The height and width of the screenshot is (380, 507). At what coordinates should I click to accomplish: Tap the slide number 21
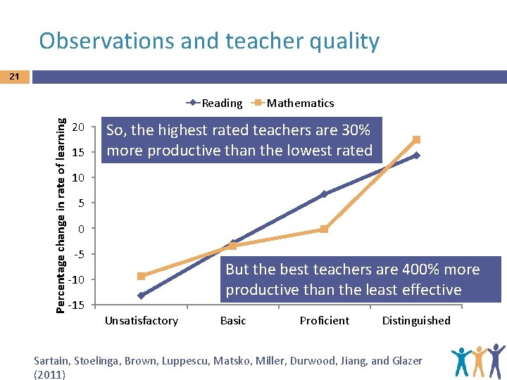pyautogui.click(x=15, y=76)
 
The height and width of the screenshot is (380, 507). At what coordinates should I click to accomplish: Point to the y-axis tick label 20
pyautogui.click(x=79, y=127)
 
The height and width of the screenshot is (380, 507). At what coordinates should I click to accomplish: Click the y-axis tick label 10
pyautogui.click(x=79, y=178)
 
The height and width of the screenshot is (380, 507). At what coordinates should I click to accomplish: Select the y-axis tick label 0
pyautogui.click(x=82, y=229)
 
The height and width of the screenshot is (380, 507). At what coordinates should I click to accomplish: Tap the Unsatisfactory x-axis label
pyautogui.click(x=141, y=321)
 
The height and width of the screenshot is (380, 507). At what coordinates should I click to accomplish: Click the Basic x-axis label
pyautogui.click(x=233, y=321)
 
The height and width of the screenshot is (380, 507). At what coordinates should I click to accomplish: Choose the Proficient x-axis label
pyautogui.click(x=324, y=321)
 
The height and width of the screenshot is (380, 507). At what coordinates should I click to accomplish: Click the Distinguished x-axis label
pyautogui.click(x=416, y=321)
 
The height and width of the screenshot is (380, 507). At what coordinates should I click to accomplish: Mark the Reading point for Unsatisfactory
pyautogui.click(x=141, y=296)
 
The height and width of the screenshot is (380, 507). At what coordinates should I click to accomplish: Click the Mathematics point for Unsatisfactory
pyautogui.click(x=141, y=276)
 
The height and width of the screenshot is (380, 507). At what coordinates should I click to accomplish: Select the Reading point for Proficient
pyautogui.click(x=324, y=194)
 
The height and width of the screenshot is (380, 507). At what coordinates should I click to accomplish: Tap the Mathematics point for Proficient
pyautogui.click(x=324, y=229)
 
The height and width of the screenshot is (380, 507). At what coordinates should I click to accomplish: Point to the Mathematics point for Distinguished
pyautogui.click(x=416, y=139)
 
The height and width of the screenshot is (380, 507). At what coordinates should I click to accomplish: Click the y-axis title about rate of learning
pyautogui.click(x=61, y=205)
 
